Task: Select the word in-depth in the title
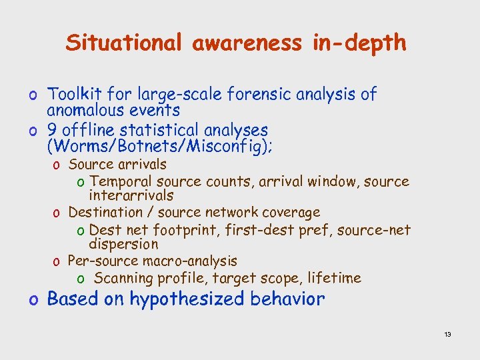[358, 43]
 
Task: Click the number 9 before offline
[53, 130]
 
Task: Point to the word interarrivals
[131, 196]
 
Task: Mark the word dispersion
[123, 245]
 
